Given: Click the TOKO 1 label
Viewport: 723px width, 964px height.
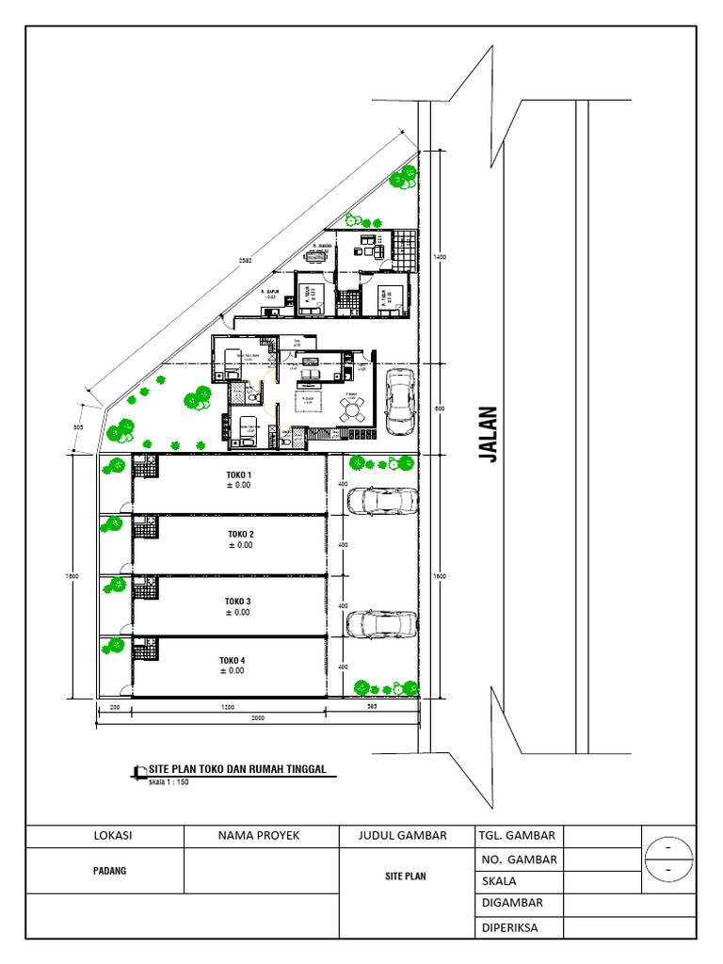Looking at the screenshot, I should pos(240,474).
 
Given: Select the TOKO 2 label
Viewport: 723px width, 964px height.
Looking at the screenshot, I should pos(240,534).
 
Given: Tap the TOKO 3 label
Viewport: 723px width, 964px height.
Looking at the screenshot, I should pos(237,601).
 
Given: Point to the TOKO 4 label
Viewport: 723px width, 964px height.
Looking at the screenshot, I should pos(232,660).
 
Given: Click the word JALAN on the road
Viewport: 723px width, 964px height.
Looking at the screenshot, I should pos(488,434).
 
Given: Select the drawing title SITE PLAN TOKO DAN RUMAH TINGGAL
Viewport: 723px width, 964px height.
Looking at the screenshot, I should pos(237,769).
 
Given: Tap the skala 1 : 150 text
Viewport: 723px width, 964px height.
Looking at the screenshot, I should pos(169,780).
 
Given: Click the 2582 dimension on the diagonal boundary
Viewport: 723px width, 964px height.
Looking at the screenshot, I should pos(245,261).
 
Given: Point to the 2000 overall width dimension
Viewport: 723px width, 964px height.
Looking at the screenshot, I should pos(256,717).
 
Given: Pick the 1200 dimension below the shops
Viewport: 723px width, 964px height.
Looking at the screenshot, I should pos(229,705).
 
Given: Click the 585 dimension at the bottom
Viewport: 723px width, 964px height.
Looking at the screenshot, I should pos(372,705).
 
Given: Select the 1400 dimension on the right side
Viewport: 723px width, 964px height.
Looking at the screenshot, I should pos(439,256).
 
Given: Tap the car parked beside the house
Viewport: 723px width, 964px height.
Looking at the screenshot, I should pos(400,401).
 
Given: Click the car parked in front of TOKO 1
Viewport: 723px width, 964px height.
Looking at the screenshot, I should pos(382,501).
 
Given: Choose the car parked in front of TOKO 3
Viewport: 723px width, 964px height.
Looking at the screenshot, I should pos(382,624).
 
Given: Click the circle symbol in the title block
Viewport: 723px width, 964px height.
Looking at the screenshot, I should pos(668,859).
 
